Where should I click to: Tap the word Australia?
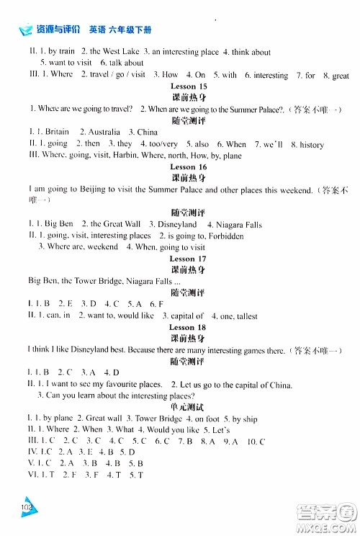(103, 132)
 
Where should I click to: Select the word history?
(311, 144)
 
